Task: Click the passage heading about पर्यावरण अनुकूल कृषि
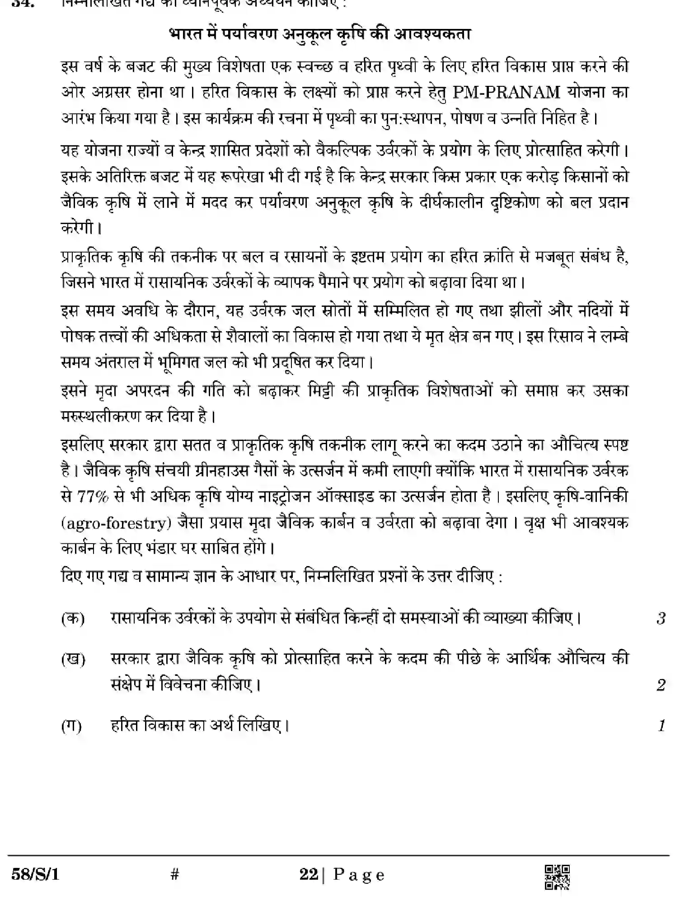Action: pos(320,34)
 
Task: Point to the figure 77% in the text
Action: pos(93,497)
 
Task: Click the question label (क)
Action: pos(73,618)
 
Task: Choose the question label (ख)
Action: pos(73,659)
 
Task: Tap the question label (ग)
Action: pos(71,726)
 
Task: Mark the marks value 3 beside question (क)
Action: pos(661,618)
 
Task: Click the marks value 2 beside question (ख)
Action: pos(661,685)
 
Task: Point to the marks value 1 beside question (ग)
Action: pos(662,726)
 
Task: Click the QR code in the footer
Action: pos(558,877)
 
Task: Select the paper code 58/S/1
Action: pos(35,875)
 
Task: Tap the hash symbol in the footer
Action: pos(175,875)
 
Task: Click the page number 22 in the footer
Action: pos(309,875)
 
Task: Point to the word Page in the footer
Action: pos(359,875)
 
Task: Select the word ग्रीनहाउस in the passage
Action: pos(220,471)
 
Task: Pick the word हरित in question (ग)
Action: pos(125,726)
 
